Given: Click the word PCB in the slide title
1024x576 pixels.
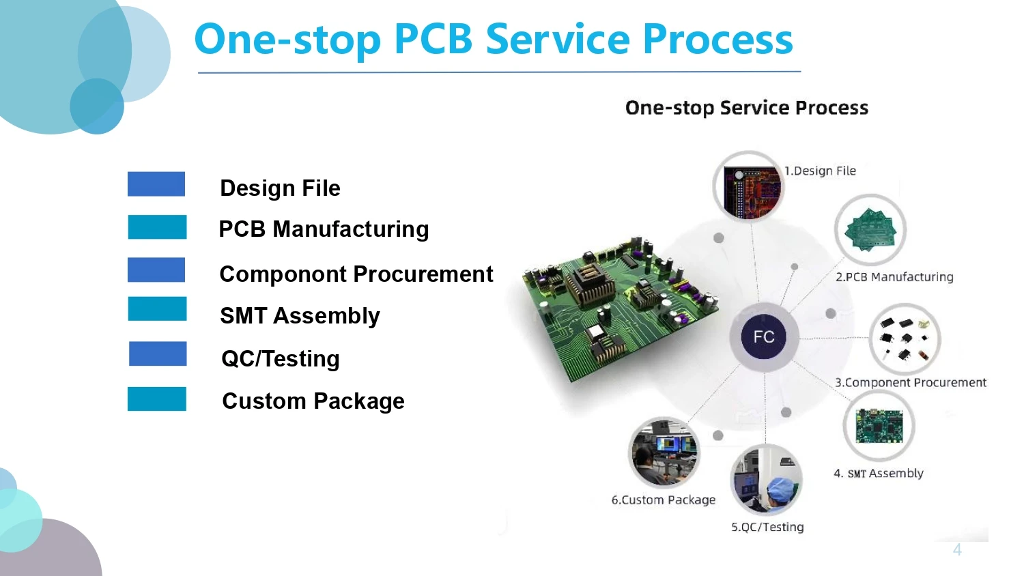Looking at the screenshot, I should (433, 39).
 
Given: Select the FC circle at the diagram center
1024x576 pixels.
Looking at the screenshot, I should (764, 336).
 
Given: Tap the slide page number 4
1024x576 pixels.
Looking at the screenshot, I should (957, 550).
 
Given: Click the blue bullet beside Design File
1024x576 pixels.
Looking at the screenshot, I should (156, 184).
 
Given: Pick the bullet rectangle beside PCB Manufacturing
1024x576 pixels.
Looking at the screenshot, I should (157, 227).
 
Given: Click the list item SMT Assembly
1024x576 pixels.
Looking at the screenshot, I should (300, 316).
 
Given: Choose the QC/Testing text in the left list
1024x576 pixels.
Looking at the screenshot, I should (280, 358).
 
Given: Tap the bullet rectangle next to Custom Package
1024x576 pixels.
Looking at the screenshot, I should (156, 399).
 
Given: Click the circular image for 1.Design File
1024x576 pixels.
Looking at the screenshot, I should (748, 186).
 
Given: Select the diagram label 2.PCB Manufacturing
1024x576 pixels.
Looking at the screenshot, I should (894, 277).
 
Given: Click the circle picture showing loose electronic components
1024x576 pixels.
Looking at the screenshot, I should (905, 339).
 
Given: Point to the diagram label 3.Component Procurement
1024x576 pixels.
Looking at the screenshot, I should (910, 382).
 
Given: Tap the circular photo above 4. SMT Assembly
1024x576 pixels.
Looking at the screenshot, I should (879, 426).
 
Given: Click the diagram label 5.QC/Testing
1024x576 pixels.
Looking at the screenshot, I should (767, 527).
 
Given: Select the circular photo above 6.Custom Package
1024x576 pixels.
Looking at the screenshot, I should (664, 452).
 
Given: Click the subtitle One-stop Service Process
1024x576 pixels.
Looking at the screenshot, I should (746, 108).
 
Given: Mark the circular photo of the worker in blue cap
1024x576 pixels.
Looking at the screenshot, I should (766, 480).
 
